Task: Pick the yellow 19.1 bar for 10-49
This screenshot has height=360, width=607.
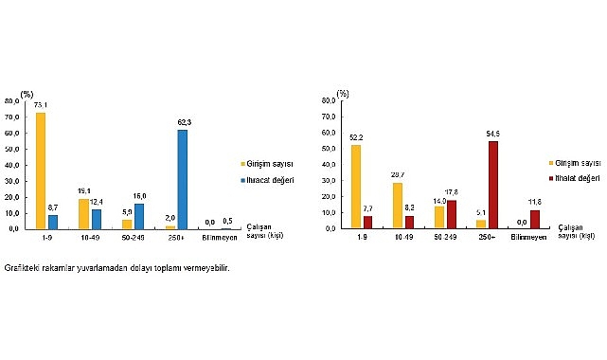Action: pyautogui.click(x=84, y=213)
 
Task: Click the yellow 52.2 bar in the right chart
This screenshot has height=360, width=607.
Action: pyautogui.click(x=354, y=186)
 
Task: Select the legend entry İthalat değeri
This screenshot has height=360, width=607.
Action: pyautogui.click(x=580, y=176)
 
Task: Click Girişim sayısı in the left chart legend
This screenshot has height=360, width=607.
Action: pyautogui.click(x=270, y=162)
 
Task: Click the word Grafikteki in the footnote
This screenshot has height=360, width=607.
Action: pyautogui.click(x=21, y=268)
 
